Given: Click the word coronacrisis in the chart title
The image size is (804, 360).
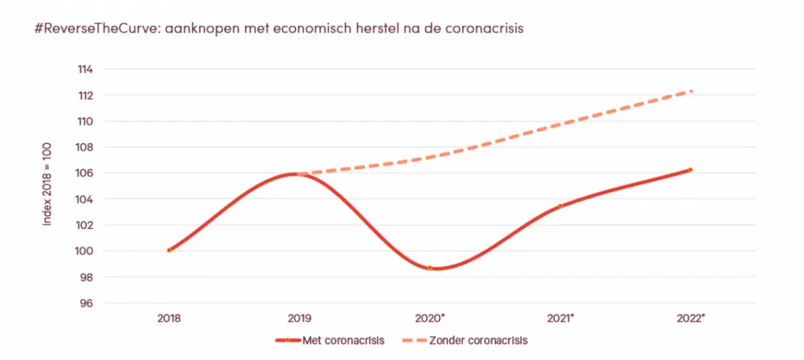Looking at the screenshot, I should point(484,29).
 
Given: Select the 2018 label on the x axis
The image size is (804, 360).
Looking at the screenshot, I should point(169,317).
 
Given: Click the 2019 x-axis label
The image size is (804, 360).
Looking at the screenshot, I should point(299,317).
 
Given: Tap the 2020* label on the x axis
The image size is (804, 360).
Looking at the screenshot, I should point(431,317).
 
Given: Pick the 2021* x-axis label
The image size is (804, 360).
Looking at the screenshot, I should point(561,317).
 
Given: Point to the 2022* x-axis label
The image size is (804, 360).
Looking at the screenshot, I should point(691,317).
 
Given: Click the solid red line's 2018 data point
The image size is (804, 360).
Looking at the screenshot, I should point(169,250).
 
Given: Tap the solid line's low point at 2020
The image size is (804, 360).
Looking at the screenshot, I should point(430,268).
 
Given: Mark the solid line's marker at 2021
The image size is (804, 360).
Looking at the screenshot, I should point(560,206).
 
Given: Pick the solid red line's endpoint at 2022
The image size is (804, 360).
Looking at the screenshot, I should point(691,170).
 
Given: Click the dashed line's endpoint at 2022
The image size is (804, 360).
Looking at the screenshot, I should point(691,91).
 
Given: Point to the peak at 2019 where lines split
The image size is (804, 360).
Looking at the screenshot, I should point(299,174).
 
